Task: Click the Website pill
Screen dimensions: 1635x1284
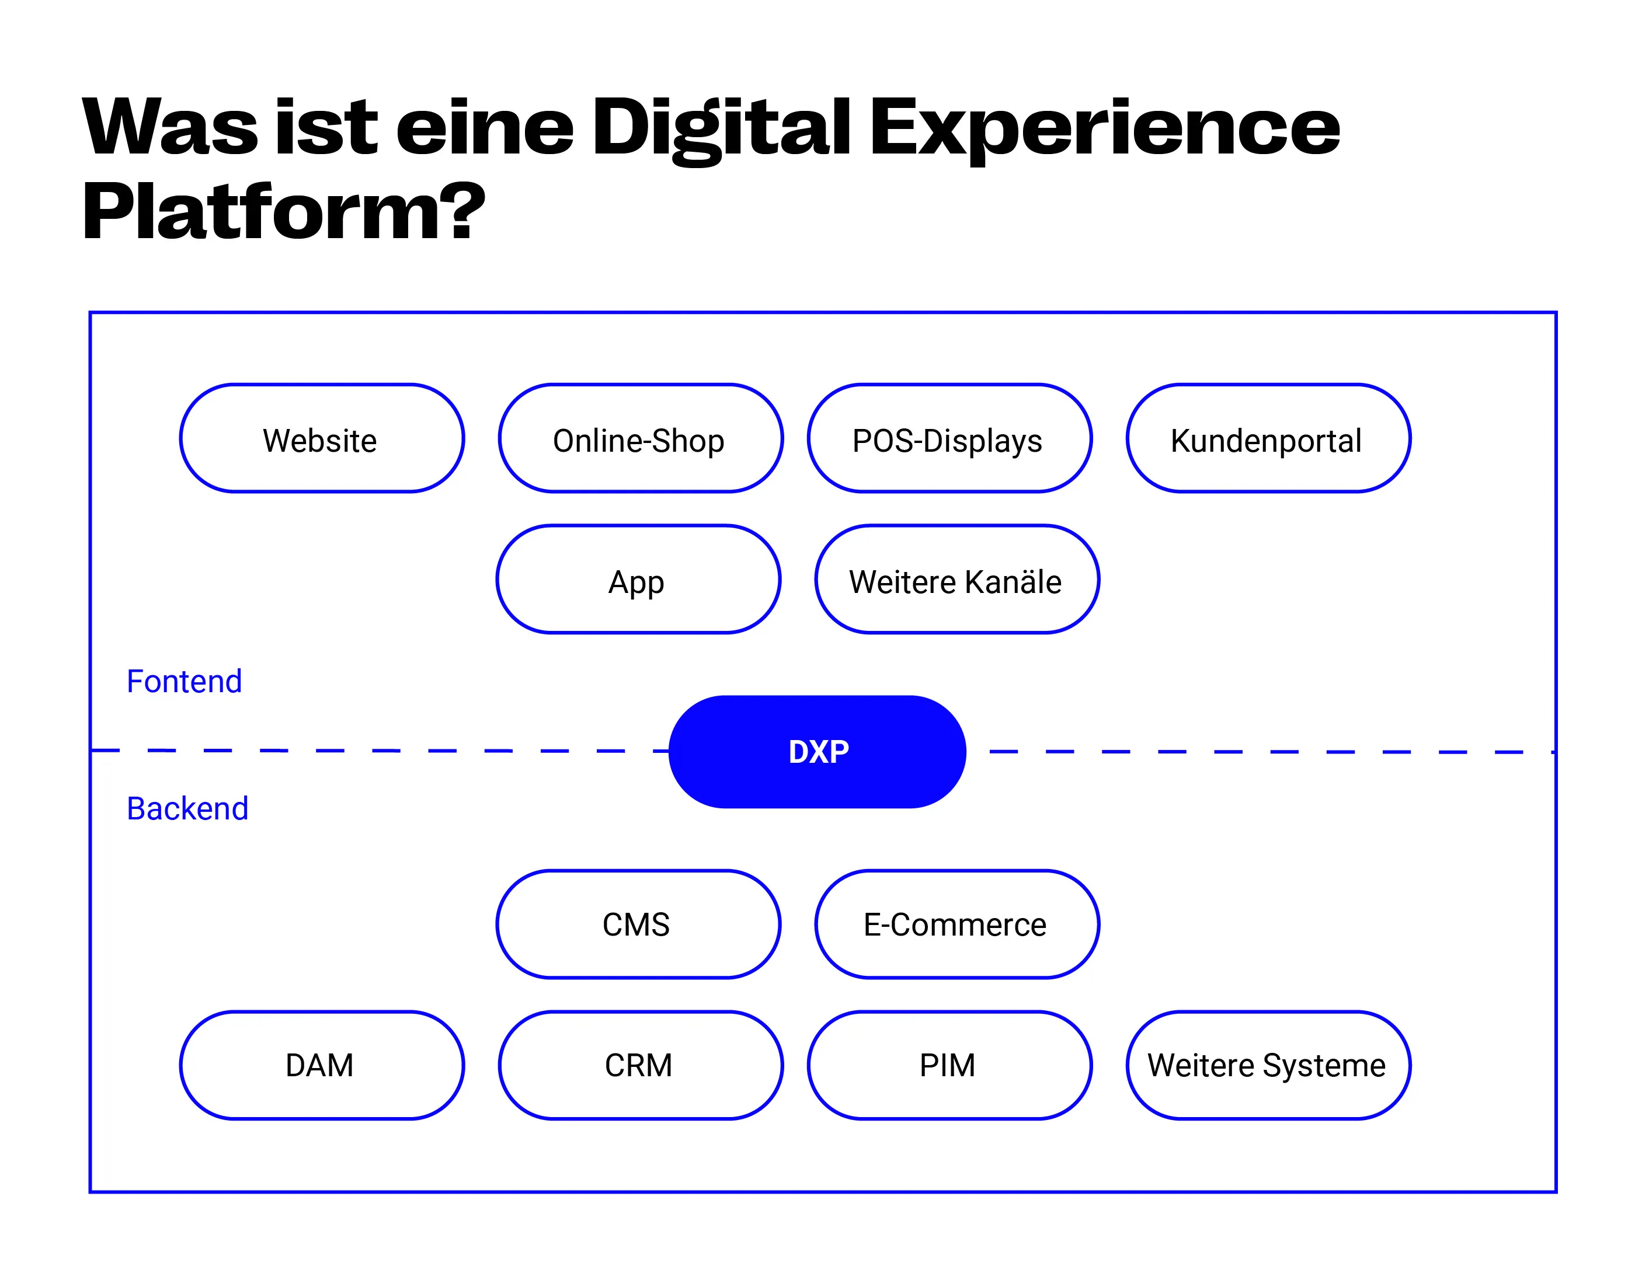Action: [x=321, y=439]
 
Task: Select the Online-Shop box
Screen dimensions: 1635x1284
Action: [x=640, y=439]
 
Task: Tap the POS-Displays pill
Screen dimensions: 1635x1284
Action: [x=949, y=439]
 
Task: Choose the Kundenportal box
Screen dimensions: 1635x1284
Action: [x=1268, y=439]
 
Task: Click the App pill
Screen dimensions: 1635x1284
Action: [x=638, y=580]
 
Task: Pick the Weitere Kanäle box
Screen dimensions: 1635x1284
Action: [x=956, y=580]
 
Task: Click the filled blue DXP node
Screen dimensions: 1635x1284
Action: [x=817, y=752]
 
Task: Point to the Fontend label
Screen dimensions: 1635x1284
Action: [x=185, y=682]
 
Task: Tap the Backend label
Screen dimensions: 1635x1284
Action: [x=187, y=809]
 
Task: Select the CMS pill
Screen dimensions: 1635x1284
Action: [x=638, y=924]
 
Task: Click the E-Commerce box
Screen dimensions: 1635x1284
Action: [x=956, y=924]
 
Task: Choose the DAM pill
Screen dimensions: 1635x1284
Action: [x=321, y=1065]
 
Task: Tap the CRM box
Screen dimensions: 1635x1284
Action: [x=640, y=1065]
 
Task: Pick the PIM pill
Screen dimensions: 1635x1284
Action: [x=949, y=1065]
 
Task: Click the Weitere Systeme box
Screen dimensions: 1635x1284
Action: [x=1268, y=1065]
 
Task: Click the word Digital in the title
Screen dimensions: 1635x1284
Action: [x=721, y=128]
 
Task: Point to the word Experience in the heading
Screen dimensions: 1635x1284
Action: [x=1104, y=128]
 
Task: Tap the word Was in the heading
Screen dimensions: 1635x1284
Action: [x=170, y=128]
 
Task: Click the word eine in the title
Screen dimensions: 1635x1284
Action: [x=485, y=128]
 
